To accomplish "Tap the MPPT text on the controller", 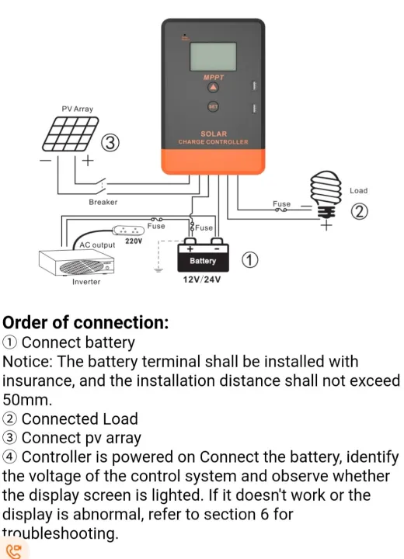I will click(x=214, y=78).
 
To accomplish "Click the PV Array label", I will click(x=77, y=109).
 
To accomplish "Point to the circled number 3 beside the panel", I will click(x=112, y=143).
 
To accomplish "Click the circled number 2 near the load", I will click(x=359, y=211).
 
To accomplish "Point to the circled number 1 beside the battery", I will click(x=249, y=260).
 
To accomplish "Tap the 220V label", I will click(x=134, y=241).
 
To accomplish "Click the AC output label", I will click(x=97, y=245).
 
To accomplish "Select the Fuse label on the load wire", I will click(x=281, y=203).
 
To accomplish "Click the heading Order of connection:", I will click(x=85, y=322).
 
